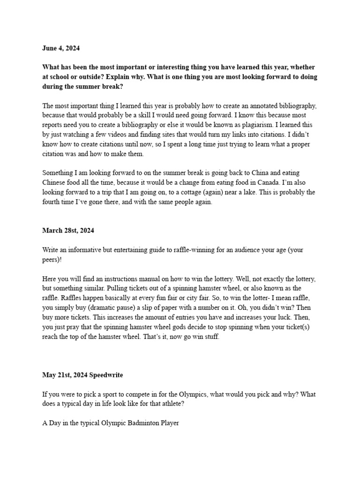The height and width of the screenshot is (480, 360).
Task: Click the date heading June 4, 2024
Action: (x=61, y=47)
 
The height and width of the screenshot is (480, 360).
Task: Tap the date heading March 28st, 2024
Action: (x=69, y=230)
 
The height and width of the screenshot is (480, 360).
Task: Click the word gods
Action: (x=178, y=327)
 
